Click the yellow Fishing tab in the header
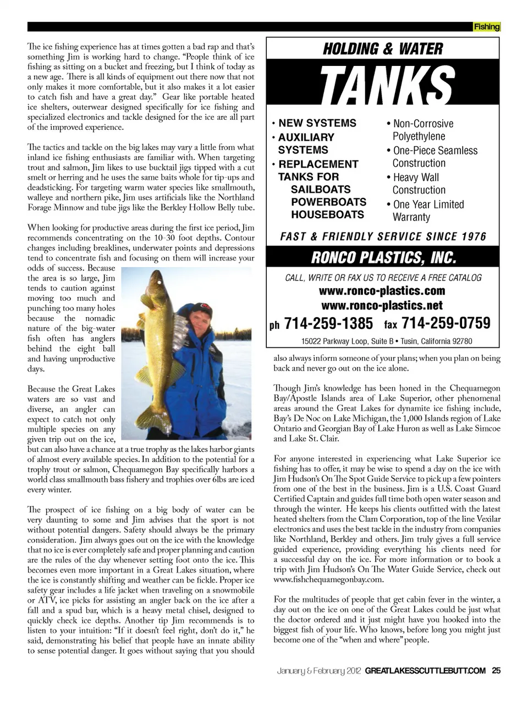pyautogui.click(x=487, y=26)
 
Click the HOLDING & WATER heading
pyautogui.click(x=383, y=49)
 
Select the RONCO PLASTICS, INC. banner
pyautogui.click(x=383, y=257)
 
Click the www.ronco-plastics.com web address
pyautogui.click(x=382, y=291)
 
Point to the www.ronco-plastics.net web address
pyautogui.click(x=382, y=305)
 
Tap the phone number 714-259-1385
pyautogui.click(x=328, y=323)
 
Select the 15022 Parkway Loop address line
pyautogui.click(x=386, y=341)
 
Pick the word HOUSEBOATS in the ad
pyautogui.click(x=327, y=214)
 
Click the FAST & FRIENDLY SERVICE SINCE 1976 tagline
pyautogui.click(x=383, y=236)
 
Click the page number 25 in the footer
pyautogui.click(x=496, y=670)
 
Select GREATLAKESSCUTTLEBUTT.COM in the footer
pyautogui.click(x=425, y=670)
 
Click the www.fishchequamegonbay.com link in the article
pyautogui.click(x=328, y=579)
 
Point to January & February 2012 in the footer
pyautogui.click(x=318, y=670)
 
